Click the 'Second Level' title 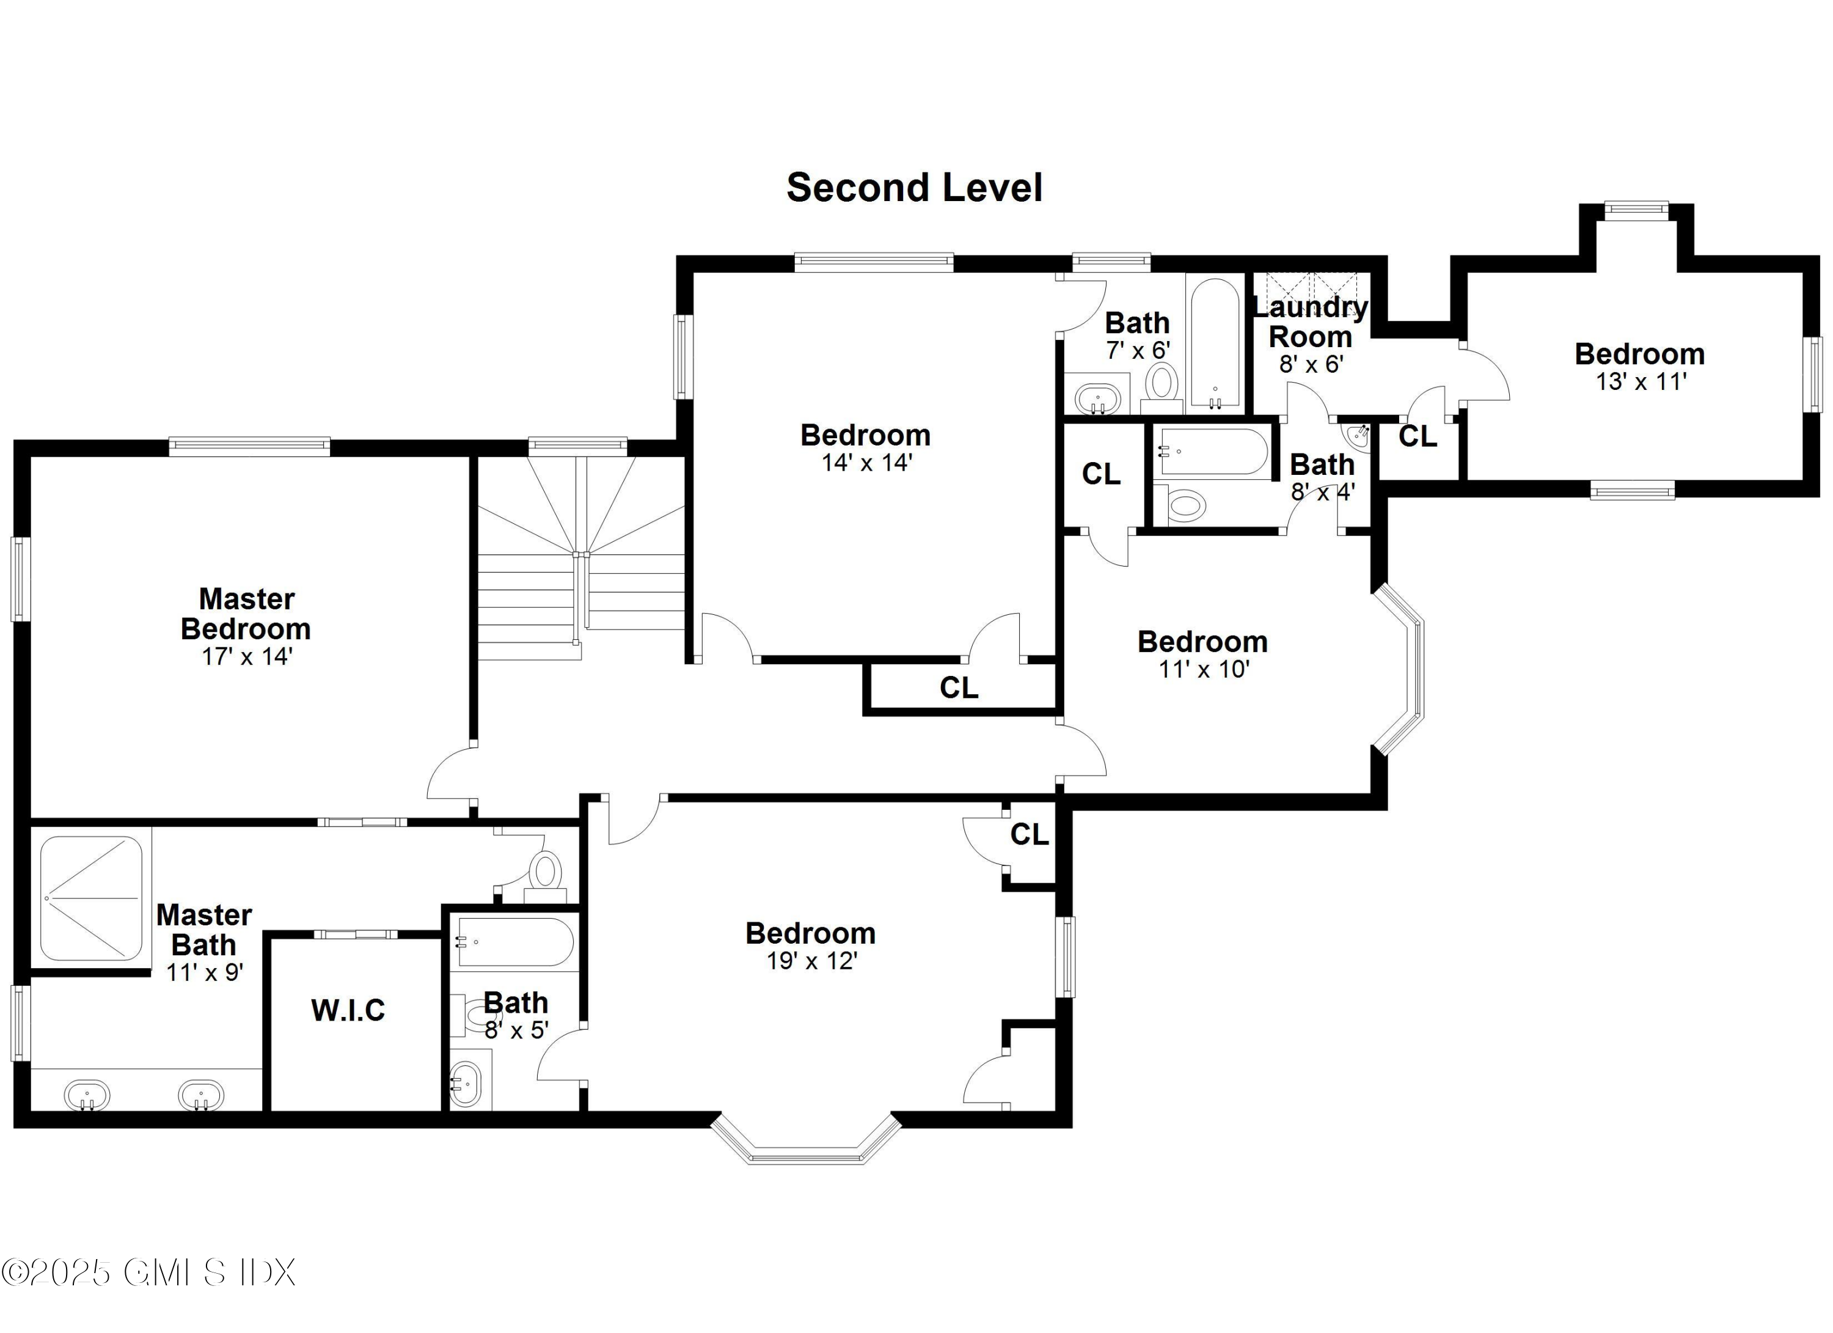tap(914, 188)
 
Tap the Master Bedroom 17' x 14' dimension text tap(246, 656)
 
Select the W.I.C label tap(348, 1010)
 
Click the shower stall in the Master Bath tap(91, 898)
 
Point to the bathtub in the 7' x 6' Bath tap(1215, 343)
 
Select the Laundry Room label tap(1310, 321)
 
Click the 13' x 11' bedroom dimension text tap(1640, 381)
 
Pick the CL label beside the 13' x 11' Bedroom tap(1418, 436)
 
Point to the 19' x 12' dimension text tap(811, 961)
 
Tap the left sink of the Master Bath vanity tap(87, 1096)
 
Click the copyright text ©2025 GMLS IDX tap(148, 1272)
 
